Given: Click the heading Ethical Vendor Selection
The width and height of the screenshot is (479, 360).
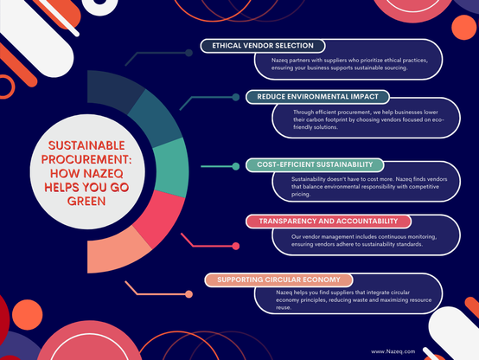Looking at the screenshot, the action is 263,46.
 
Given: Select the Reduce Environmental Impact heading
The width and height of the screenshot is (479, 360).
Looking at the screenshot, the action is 317,97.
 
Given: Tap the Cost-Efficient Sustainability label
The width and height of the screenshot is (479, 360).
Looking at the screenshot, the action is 315,164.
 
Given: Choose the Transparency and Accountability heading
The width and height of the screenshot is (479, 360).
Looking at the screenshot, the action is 329,222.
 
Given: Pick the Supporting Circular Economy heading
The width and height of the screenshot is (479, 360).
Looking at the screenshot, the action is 278,280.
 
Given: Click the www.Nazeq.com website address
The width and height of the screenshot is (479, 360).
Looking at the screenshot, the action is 393,351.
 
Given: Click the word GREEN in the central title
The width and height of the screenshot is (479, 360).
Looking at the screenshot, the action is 86,202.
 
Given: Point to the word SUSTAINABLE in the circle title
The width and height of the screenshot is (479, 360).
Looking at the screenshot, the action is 86,145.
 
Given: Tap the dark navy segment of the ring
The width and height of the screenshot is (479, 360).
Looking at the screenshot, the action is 112,89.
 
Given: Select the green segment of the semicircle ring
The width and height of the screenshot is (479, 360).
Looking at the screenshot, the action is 171,167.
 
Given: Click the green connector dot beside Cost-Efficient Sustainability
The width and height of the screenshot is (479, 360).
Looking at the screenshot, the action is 236,166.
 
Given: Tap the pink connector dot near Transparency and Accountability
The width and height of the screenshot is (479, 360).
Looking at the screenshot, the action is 236,246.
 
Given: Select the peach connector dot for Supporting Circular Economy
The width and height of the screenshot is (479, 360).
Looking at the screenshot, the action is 188,294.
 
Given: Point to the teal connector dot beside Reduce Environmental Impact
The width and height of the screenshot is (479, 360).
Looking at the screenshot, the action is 236,97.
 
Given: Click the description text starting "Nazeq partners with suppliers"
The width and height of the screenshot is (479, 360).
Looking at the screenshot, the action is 349,64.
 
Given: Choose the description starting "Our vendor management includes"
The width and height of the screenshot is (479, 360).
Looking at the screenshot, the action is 364,241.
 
